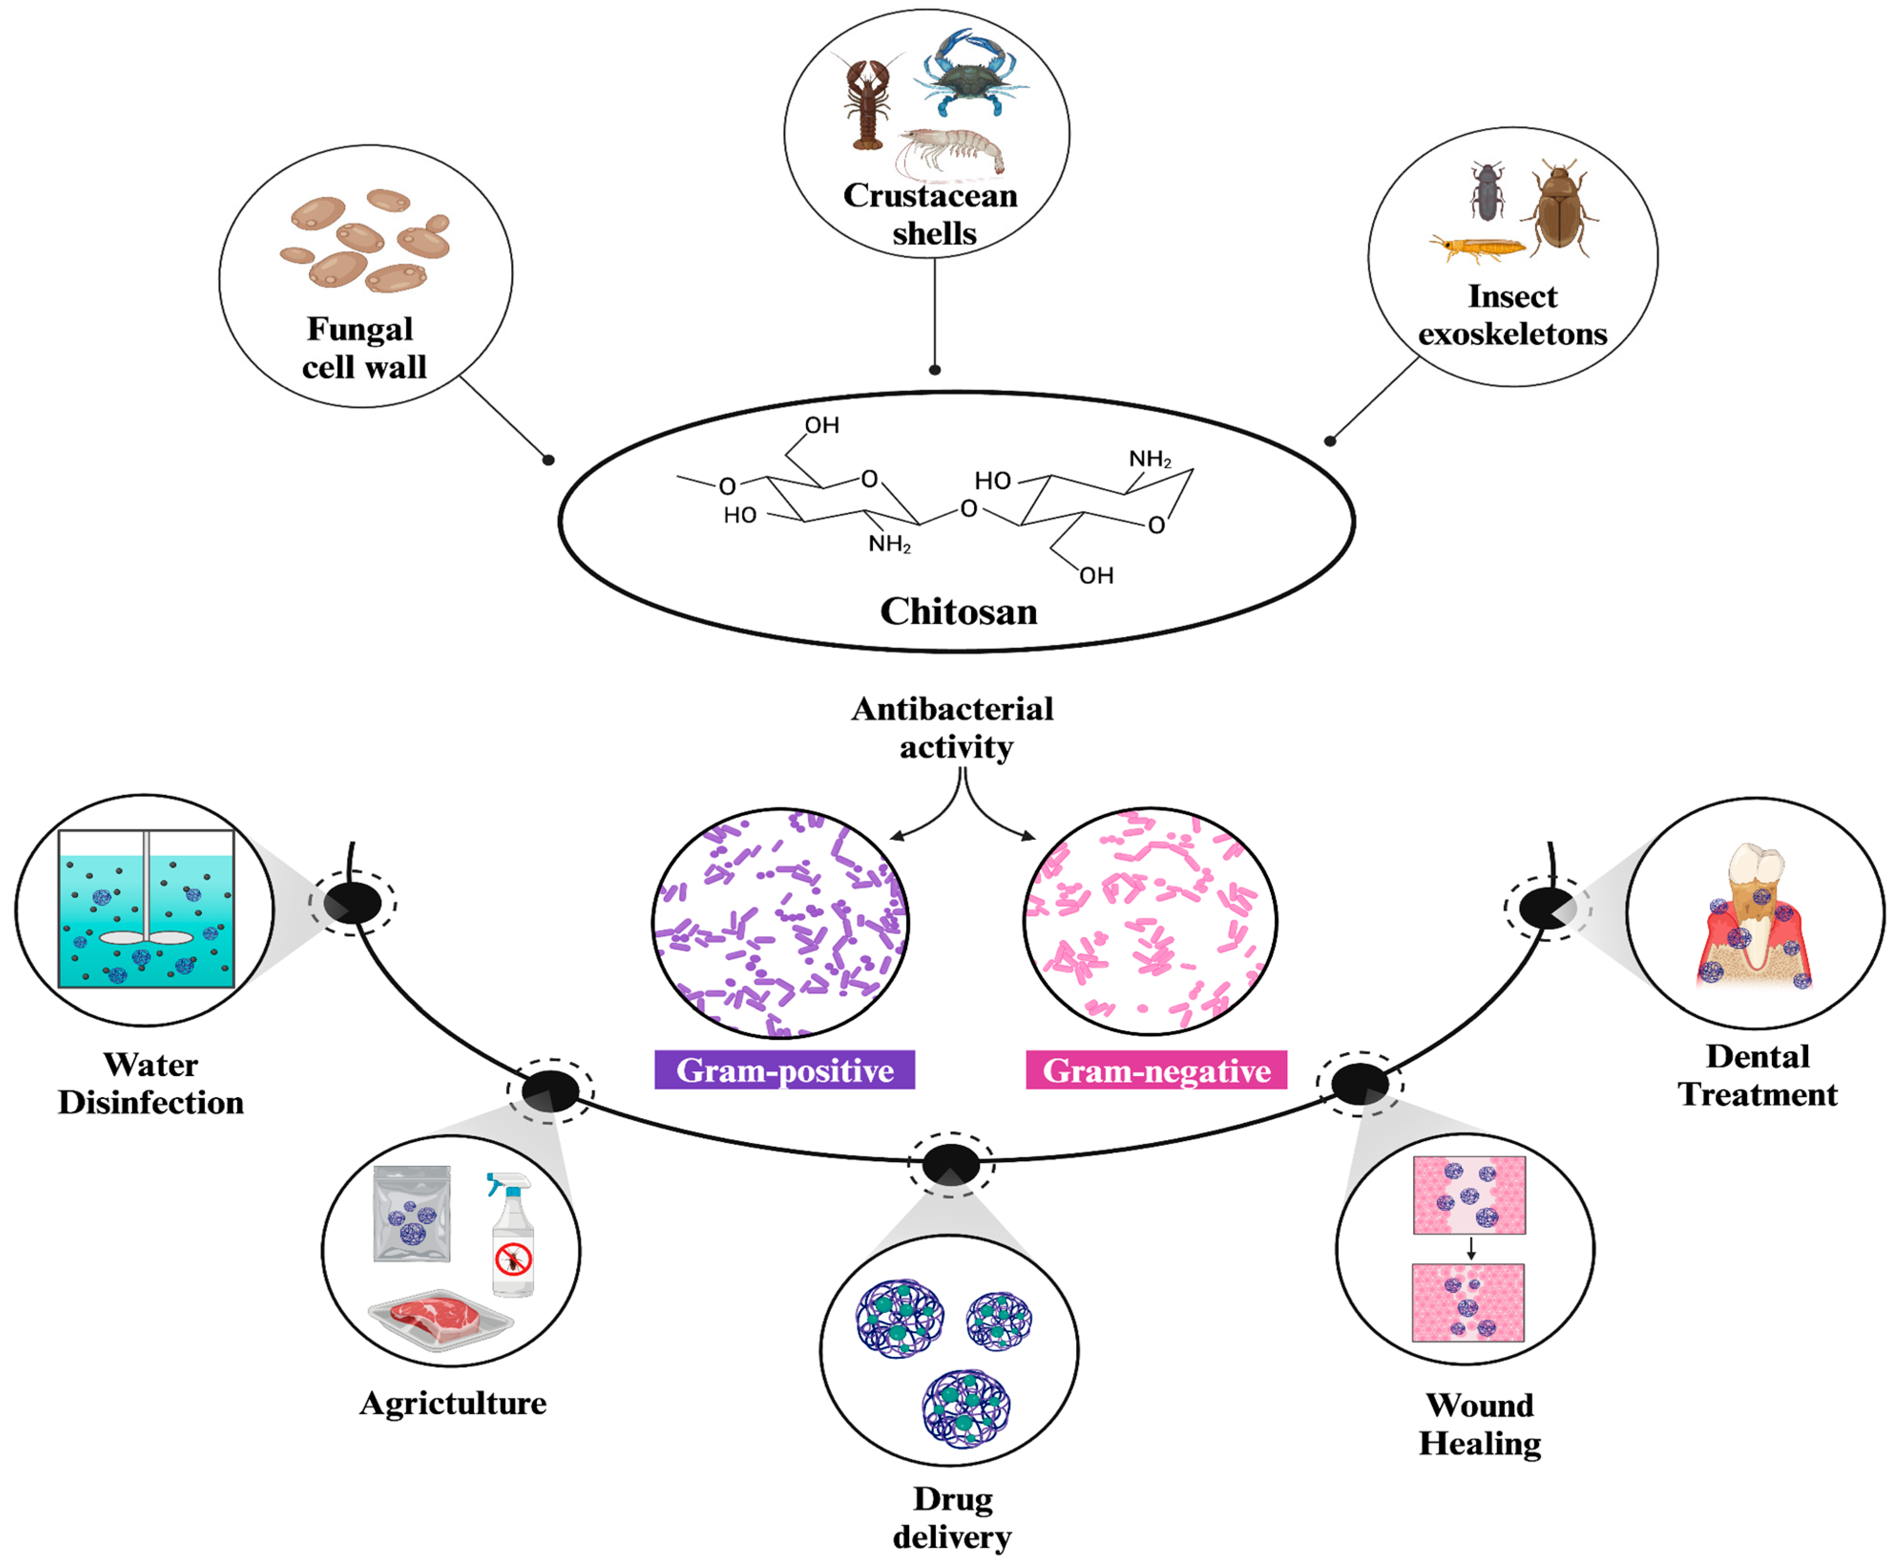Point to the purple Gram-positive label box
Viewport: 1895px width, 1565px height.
[784, 1070]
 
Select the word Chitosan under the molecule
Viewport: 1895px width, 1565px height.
[958, 611]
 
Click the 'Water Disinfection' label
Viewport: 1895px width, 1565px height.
[150, 1084]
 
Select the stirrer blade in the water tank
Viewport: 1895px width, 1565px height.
[146, 938]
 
